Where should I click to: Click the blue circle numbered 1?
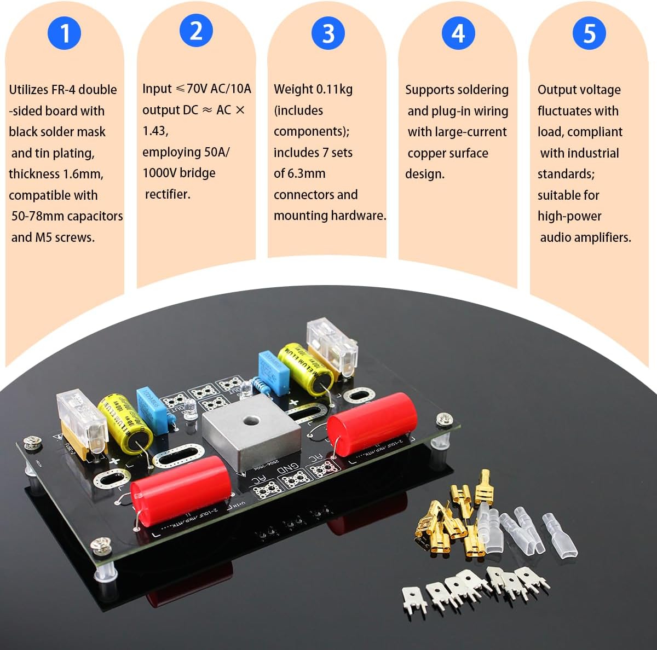pos(64,33)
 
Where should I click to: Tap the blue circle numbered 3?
pos(327,33)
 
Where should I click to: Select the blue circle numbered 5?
pos(589,33)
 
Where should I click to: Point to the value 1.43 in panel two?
pos(155,131)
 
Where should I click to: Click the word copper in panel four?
pos(428,153)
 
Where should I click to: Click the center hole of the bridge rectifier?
pos(250,421)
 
